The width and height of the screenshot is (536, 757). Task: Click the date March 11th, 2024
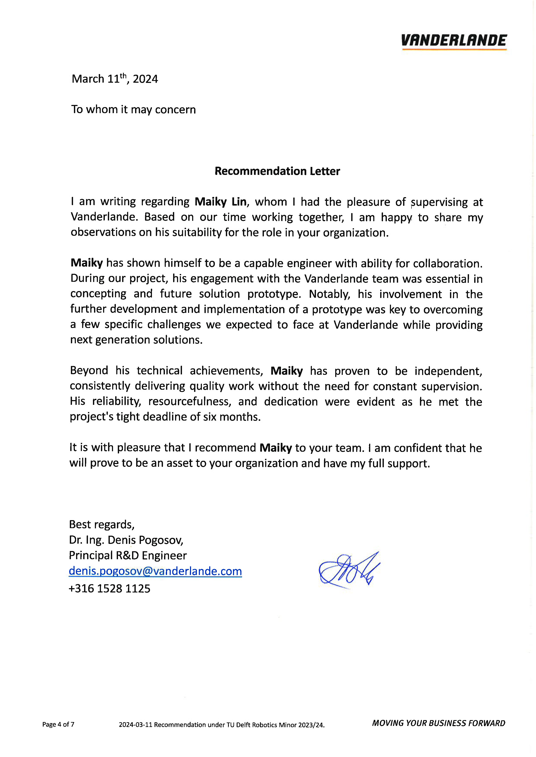tap(115, 79)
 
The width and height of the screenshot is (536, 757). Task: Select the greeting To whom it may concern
tap(133, 109)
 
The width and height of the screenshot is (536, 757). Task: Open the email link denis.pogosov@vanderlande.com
tap(155, 571)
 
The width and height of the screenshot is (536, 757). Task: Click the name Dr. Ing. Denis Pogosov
tap(126, 540)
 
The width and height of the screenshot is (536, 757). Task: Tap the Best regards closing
tap(101, 524)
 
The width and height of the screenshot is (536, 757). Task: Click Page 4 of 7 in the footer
tap(58, 724)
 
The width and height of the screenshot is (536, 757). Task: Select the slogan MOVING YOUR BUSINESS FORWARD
tap(438, 723)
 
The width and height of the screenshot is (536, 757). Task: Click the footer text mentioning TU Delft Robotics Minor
tap(222, 725)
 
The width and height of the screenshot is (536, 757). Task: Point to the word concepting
tap(98, 294)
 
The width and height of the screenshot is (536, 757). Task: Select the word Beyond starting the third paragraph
tap(89, 371)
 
